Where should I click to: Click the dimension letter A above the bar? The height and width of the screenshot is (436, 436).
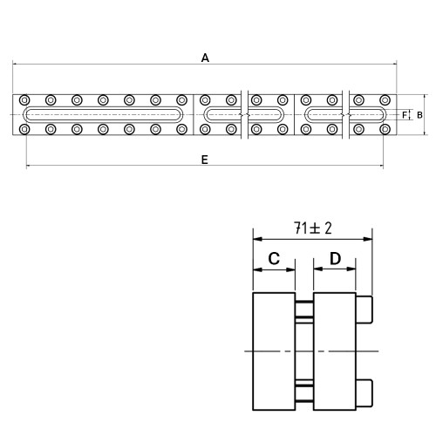click(205, 58)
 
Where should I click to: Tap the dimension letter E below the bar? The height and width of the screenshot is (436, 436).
click(205, 160)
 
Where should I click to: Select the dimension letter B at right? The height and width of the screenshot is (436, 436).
click(419, 115)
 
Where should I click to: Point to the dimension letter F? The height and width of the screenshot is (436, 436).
click(405, 115)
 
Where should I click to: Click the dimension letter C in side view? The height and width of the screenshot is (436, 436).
click(274, 258)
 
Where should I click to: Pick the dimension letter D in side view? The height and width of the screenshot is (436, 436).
click(335, 258)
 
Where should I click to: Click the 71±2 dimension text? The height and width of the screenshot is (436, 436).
click(312, 228)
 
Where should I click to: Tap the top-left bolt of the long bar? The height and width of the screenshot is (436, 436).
click(24, 100)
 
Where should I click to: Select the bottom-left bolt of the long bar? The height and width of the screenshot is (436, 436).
click(24, 129)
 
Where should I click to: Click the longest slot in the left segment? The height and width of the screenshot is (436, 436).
click(103, 107)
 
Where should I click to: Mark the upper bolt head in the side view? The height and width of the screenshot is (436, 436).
click(364, 310)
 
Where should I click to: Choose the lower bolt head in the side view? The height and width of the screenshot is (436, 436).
click(364, 393)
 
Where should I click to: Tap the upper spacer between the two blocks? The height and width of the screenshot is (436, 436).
click(304, 310)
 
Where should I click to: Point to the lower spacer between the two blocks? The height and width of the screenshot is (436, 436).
click(304, 393)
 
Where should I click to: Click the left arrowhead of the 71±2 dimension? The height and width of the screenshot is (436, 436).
click(257, 239)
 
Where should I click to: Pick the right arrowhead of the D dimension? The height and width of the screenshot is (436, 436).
click(351, 269)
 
